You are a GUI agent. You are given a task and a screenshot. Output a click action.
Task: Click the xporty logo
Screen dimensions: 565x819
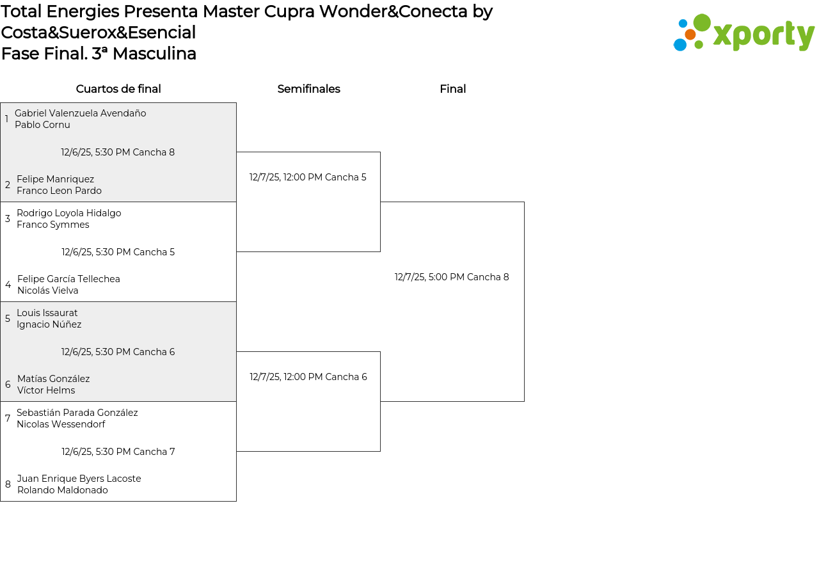coord(744,33)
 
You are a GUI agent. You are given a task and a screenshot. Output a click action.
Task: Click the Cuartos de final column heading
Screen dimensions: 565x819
coord(118,89)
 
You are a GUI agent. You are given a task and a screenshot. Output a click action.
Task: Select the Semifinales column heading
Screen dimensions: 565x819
coord(308,89)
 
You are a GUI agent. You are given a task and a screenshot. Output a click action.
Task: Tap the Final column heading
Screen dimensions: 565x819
coord(452,89)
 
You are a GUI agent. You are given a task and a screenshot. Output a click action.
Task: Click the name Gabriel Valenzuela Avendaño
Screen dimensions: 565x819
coord(80,113)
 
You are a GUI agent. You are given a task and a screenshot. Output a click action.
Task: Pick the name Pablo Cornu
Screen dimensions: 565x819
coord(42,125)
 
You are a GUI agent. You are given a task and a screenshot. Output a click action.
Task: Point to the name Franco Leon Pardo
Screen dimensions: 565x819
coord(59,191)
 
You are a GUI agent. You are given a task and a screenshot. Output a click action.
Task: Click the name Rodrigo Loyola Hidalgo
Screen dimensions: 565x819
coord(68,213)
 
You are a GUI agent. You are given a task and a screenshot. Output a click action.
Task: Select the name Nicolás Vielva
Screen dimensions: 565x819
coord(47,290)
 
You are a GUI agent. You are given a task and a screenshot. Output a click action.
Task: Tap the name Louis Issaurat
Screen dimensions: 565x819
coord(47,313)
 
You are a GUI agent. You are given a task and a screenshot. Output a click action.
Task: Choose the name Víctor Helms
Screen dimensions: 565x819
coord(45,390)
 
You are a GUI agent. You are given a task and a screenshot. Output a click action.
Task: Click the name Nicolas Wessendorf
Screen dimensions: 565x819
coord(61,424)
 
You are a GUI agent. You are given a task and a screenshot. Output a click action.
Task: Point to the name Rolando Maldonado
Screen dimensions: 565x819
coord(62,490)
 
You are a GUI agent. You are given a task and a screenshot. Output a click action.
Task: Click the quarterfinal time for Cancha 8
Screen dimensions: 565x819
coord(118,152)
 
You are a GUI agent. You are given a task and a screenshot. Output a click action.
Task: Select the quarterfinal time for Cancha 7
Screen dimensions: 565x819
coord(118,452)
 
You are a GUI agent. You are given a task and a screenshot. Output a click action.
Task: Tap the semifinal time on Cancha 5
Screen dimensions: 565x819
coord(308,177)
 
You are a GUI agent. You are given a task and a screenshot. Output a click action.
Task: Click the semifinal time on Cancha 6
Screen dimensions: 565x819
coord(308,377)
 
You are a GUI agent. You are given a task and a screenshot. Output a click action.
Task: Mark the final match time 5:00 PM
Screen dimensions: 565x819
coord(452,277)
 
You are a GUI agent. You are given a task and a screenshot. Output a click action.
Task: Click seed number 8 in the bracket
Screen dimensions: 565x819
coord(8,484)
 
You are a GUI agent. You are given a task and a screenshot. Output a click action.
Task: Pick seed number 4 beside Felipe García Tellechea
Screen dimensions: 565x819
coord(8,285)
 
